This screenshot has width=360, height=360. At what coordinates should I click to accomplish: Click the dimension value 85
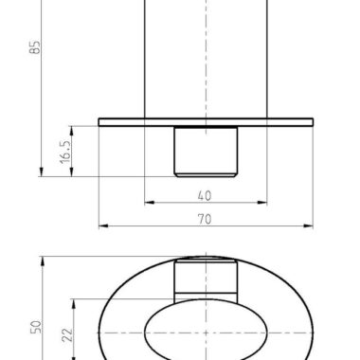[36, 47]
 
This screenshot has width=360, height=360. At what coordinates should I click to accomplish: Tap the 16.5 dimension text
[65, 153]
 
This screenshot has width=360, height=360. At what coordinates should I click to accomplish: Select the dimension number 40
[205, 196]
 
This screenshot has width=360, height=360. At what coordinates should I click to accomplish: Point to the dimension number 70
[205, 219]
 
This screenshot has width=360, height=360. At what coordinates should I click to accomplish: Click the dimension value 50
[36, 327]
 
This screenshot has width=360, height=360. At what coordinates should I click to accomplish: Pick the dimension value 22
[67, 334]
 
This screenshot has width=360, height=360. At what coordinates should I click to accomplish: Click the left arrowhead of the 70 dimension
[103, 225]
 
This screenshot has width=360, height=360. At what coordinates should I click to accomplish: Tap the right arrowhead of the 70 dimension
[308, 225]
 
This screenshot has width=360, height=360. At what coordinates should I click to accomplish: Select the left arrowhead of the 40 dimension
[150, 203]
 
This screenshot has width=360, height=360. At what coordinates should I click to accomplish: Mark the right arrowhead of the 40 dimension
[262, 203]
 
